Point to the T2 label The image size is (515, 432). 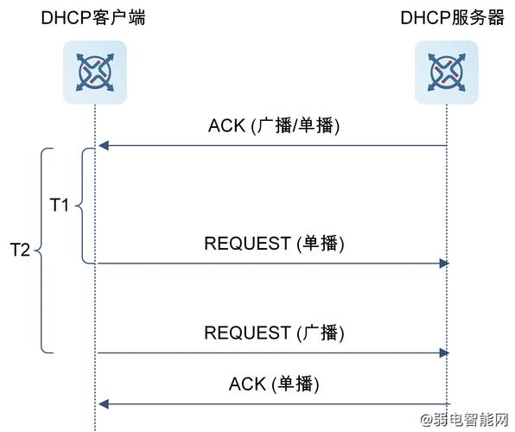(x=20, y=250)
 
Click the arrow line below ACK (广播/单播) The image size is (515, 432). (x=272, y=147)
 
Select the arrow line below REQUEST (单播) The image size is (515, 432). (x=272, y=263)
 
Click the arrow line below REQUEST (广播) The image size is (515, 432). (x=272, y=353)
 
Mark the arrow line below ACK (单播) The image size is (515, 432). (x=272, y=403)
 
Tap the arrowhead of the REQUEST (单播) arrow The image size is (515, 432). (x=444, y=263)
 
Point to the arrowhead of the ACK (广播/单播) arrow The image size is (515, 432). (x=102, y=147)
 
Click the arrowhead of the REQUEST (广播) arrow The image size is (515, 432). (x=444, y=353)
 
